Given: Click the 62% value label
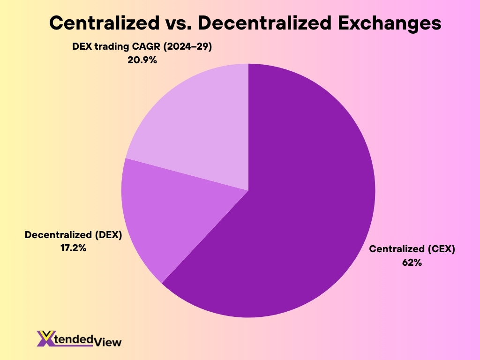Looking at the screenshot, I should tap(412, 262).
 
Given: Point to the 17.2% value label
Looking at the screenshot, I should tap(73, 248).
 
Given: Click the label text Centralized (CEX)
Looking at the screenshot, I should tap(412, 249).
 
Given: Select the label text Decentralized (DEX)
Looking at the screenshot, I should tap(73, 235).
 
